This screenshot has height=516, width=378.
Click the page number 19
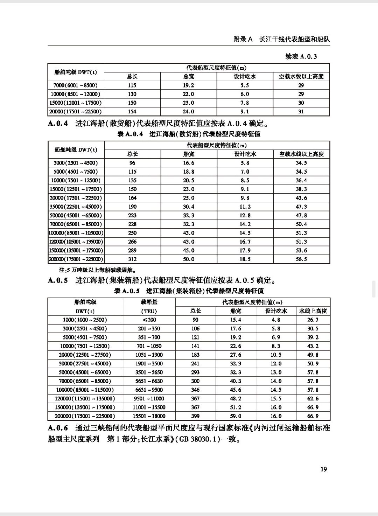click(323, 469)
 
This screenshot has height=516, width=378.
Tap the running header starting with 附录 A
click(282, 39)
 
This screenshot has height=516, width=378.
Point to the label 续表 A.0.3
click(301, 56)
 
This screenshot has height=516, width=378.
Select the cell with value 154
click(132, 112)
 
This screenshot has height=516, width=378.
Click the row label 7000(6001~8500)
click(76, 85)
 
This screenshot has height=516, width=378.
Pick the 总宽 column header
click(189, 76)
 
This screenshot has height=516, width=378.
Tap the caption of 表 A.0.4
click(189, 134)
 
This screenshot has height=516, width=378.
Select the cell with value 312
click(132, 259)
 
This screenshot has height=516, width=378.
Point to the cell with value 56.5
click(301, 259)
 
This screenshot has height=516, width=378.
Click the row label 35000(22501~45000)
click(76, 207)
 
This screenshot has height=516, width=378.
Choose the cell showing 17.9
click(245, 250)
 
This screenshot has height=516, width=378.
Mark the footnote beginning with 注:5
click(92, 270)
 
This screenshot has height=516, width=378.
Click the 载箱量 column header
click(149, 302)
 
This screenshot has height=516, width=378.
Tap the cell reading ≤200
click(149, 320)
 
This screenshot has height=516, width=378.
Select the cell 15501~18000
click(149, 416)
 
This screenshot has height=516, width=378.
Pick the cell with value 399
click(195, 416)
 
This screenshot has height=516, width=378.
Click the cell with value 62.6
click(313, 398)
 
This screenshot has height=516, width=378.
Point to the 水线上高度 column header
click(313, 311)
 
